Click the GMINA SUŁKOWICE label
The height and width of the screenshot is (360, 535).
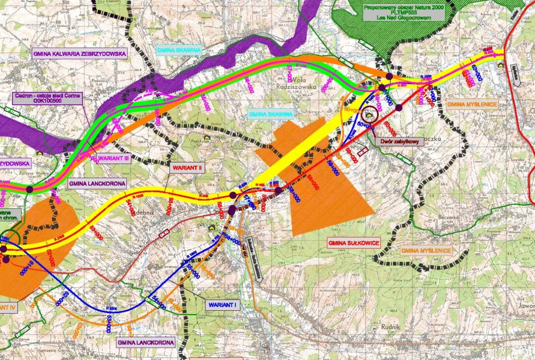click(x=354, y=243)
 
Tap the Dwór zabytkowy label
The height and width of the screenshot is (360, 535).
click(x=399, y=142)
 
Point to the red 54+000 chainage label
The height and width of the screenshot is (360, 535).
click(x=130, y=206)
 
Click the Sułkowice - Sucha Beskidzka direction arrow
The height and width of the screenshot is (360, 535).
click(x=253, y=261)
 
